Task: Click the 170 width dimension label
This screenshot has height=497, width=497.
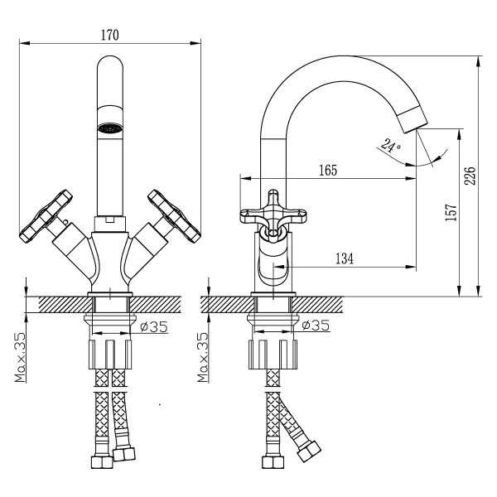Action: pyautogui.click(x=110, y=35)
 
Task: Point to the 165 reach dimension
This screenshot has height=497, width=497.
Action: pyautogui.click(x=328, y=170)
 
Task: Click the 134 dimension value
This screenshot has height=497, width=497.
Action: pyautogui.click(x=345, y=258)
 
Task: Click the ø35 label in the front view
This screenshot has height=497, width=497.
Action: pyautogui.click(x=154, y=326)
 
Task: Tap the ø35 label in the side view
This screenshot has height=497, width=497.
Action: pyautogui.click(x=316, y=325)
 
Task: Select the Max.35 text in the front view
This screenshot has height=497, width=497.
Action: pyautogui.click(x=20, y=357)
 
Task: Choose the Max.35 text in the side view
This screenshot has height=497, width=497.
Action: pyautogui.click(x=203, y=357)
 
